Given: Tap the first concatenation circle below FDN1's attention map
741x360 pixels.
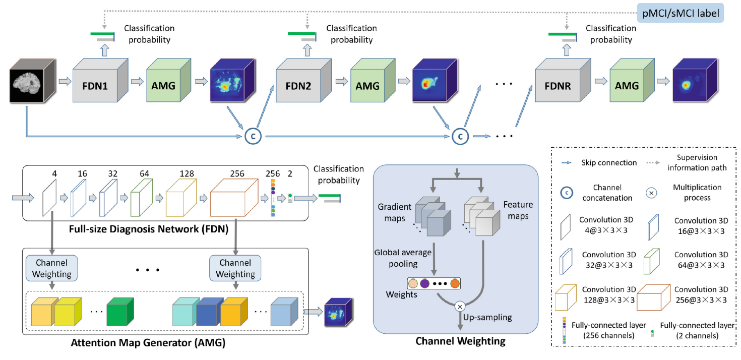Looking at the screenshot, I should pyautogui.click(x=252, y=136).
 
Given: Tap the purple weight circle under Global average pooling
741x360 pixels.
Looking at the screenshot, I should pyautogui.click(x=424, y=284).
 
